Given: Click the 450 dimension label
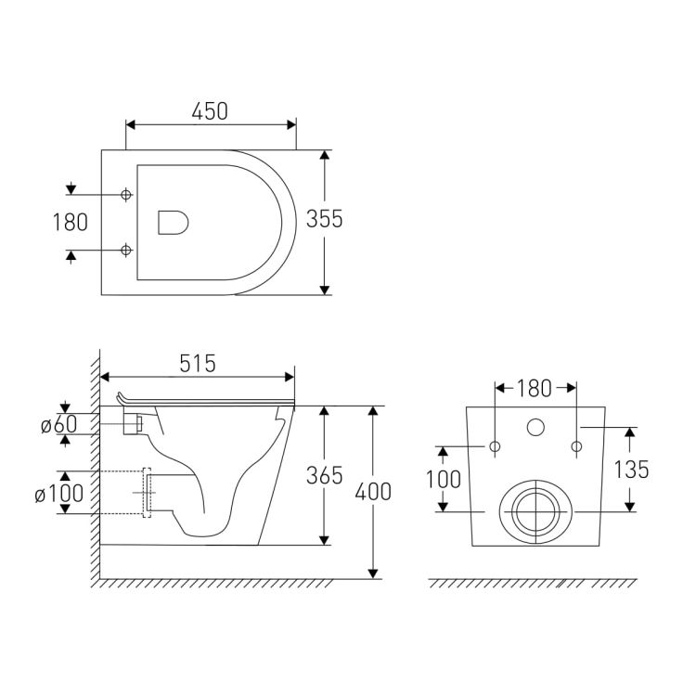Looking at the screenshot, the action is point(210,111).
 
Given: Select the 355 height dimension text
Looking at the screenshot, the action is point(325,219).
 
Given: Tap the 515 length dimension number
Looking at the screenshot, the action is point(198,364).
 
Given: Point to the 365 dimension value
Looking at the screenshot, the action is point(325,475).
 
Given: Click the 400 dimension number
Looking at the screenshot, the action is point(373,492).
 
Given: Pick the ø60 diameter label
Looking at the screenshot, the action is point(59,424).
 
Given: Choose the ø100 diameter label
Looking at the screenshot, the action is point(59,493).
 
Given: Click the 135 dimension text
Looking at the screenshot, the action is point(631,470).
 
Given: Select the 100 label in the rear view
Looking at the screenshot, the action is point(444,480).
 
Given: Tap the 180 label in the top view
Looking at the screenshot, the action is point(71,223).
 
